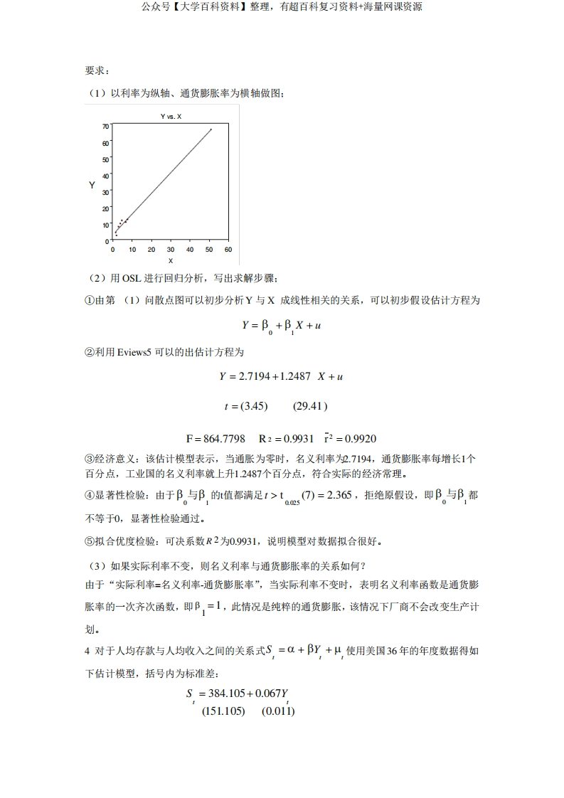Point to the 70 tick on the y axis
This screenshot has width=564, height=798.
tap(106, 127)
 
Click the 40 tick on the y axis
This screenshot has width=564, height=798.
tap(106, 176)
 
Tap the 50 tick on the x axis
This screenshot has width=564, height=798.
tap(209, 250)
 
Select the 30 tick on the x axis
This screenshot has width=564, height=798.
tap(171, 250)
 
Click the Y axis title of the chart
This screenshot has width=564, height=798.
tap(92, 185)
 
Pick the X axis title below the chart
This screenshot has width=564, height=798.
tap(171, 260)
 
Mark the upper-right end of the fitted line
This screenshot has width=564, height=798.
tap(211, 129)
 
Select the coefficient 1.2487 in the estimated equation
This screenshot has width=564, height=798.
tap(292, 376)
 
